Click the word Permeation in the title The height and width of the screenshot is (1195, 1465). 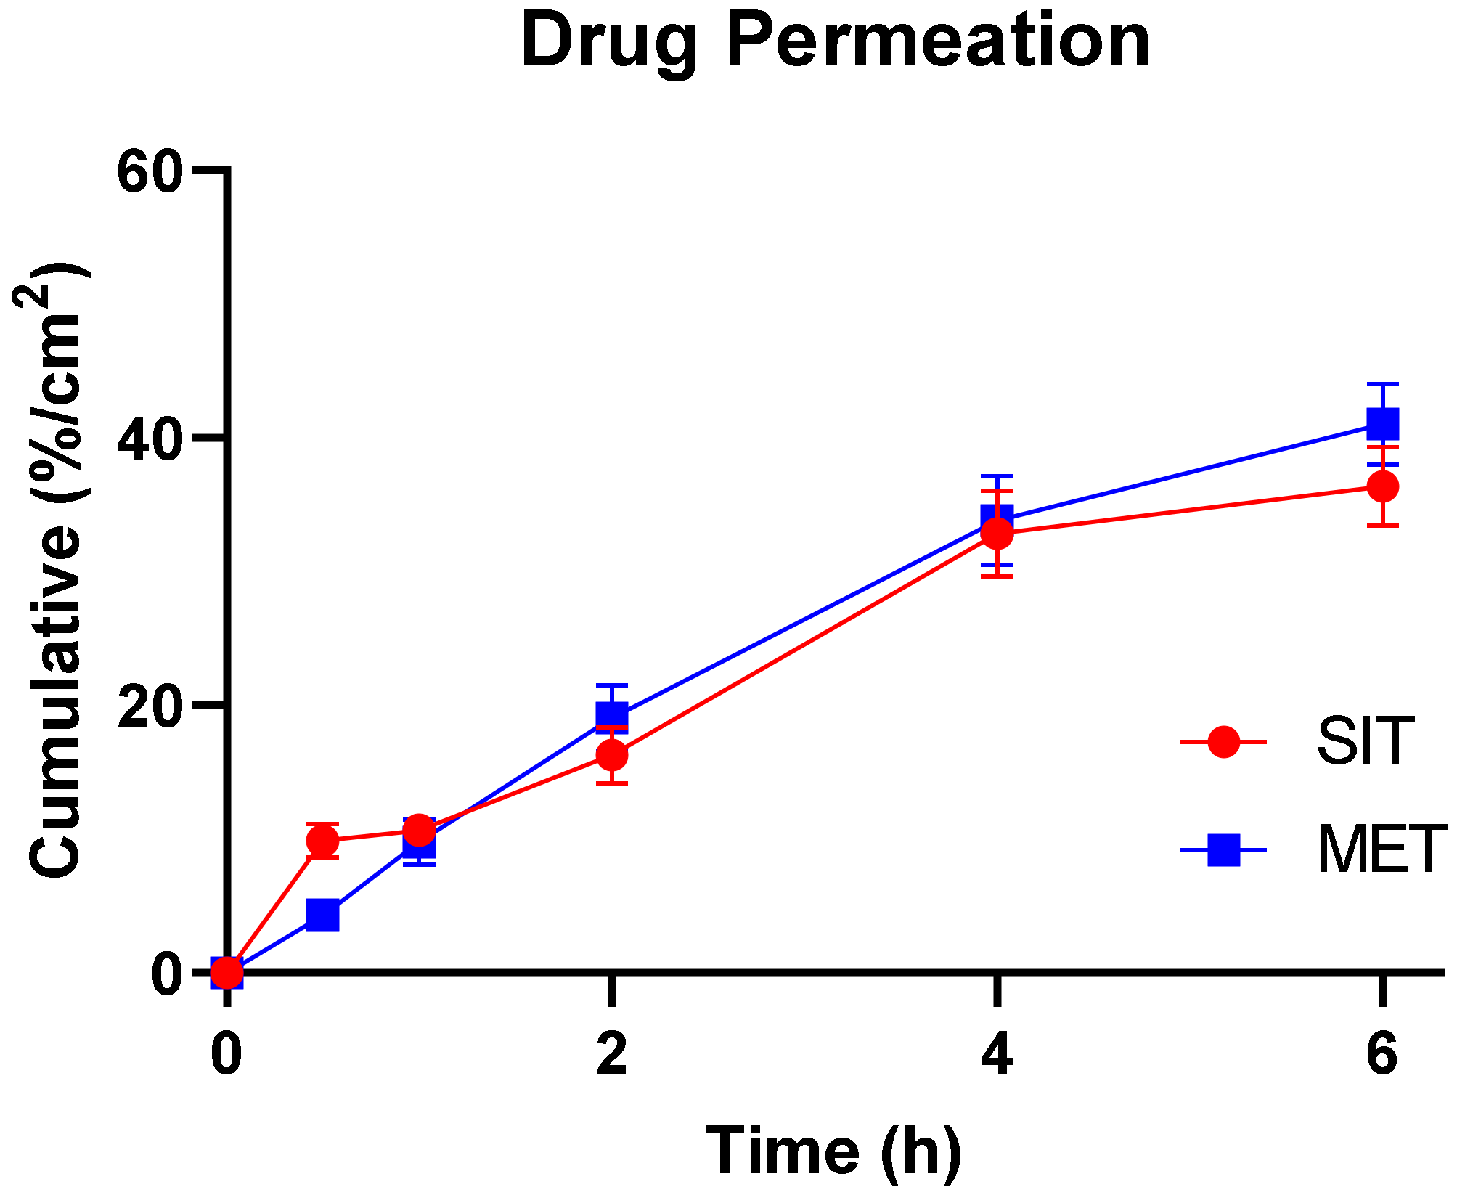click(x=938, y=42)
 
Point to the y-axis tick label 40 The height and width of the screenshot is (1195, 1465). click(x=149, y=440)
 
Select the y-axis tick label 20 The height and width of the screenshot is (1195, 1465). click(x=149, y=707)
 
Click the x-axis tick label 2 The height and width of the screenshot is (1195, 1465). click(x=612, y=1054)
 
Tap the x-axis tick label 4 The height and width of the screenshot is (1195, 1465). click(x=997, y=1054)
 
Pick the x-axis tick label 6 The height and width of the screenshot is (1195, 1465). click(x=1382, y=1054)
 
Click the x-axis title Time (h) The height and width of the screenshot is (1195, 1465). click(x=834, y=1151)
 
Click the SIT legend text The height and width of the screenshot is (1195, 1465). click(x=1366, y=741)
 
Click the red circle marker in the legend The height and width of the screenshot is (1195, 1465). click(x=1223, y=741)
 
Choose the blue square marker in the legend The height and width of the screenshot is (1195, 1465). click(x=1223, y=849)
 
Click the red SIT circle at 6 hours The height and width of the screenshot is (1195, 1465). click(x=1382, y=486)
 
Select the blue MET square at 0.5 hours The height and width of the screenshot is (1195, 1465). click(x=322, y=915)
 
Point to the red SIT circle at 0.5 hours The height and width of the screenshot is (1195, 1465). click(x=322, y=841)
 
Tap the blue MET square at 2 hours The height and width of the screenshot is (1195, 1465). click(x=612, y=715)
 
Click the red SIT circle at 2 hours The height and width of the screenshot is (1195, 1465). click(x=612, y=755)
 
